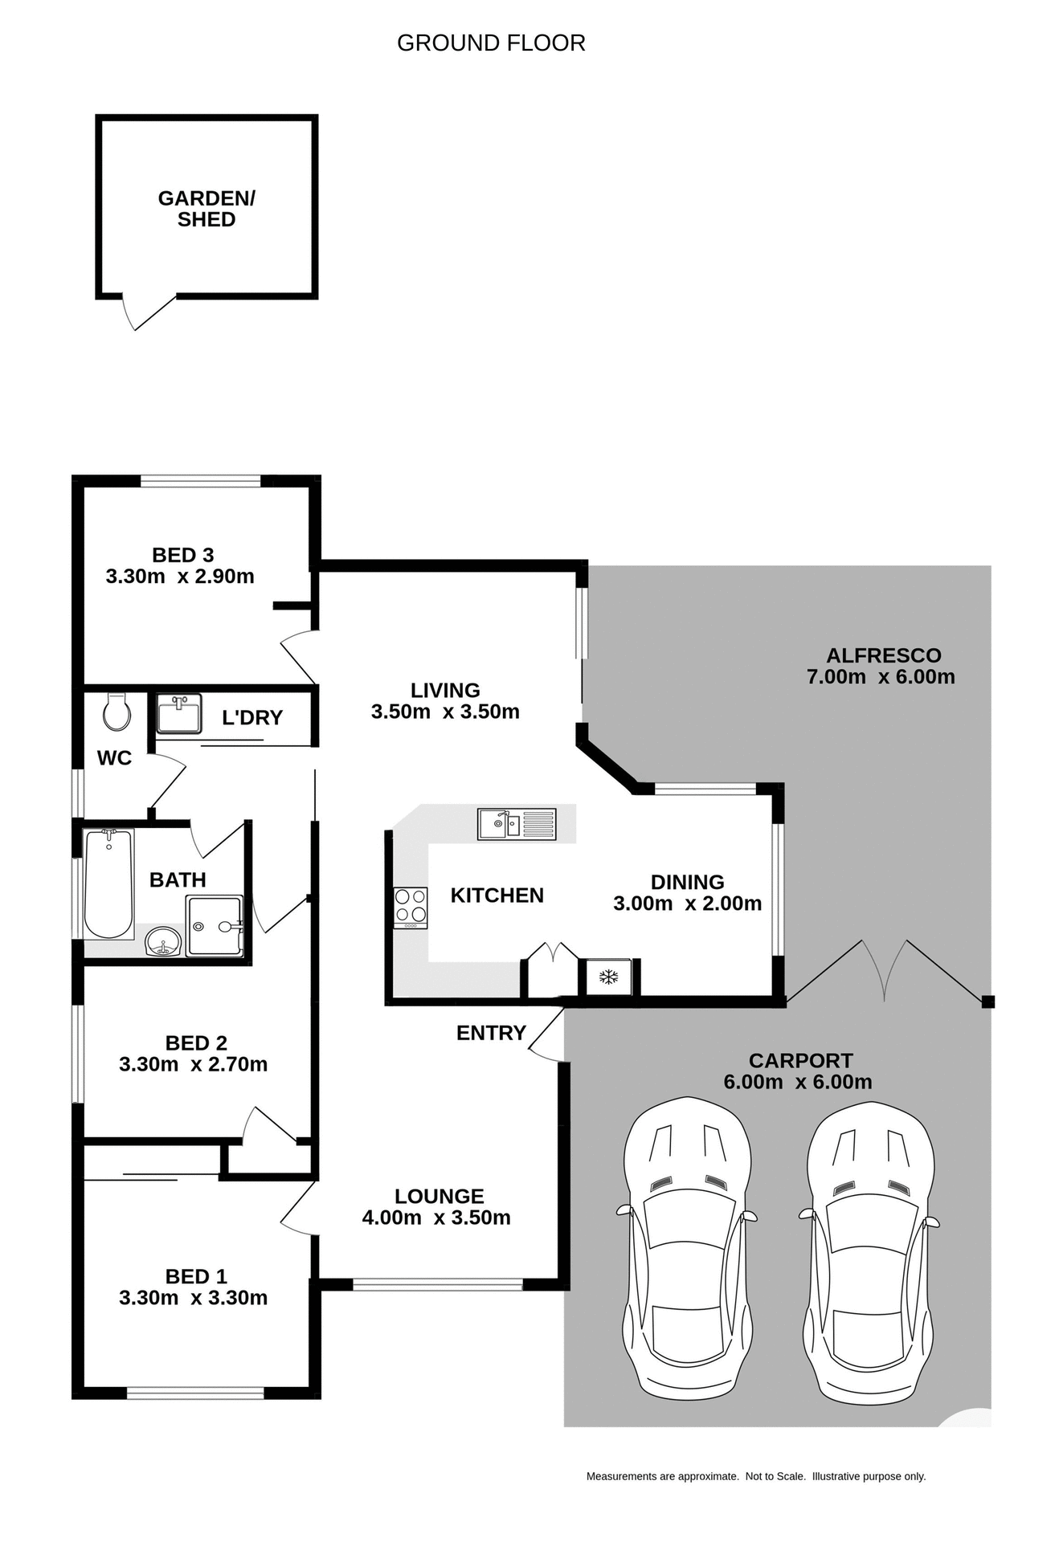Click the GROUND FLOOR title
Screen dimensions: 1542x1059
pyautogui.click(x=491, y=43)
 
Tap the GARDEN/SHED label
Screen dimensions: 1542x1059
pyautogui.click(x=206, y=209)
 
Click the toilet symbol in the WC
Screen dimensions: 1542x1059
pyautogui.click(x=117, y=711)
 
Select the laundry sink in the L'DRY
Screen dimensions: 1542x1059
pyautogui.click(x=178, y=714)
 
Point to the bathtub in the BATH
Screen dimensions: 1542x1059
pyautogui.click(x=108, y=883)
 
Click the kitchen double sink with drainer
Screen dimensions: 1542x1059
pyautogui.click(x=516, y=824)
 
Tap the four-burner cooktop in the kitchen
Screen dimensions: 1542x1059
pyautogui.click(x=410, y=908)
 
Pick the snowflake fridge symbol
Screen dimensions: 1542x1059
pyautogui.click(x=609, y=977)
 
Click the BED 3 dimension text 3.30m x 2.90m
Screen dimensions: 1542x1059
pyautogui.click(x=180, y=577)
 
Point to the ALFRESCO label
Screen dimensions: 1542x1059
pyautogui.click(x=883, y=655)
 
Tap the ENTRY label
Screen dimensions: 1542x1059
pyautogui.click(x=491, y=1033)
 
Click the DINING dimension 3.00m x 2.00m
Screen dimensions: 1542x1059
pyautogui.click(x=687, y=904)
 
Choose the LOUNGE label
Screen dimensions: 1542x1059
pyautogui.click(x=439, y=1197)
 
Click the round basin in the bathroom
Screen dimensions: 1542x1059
pyautogui.click(x=163, y=940)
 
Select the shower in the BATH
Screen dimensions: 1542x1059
pyautogui.click(x=215, y=926)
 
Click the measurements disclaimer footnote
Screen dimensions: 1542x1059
pyautogui.click(x=755, y=1476)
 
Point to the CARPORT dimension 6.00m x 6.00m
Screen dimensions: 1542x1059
pyautogui.click(x=797, y=1082)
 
